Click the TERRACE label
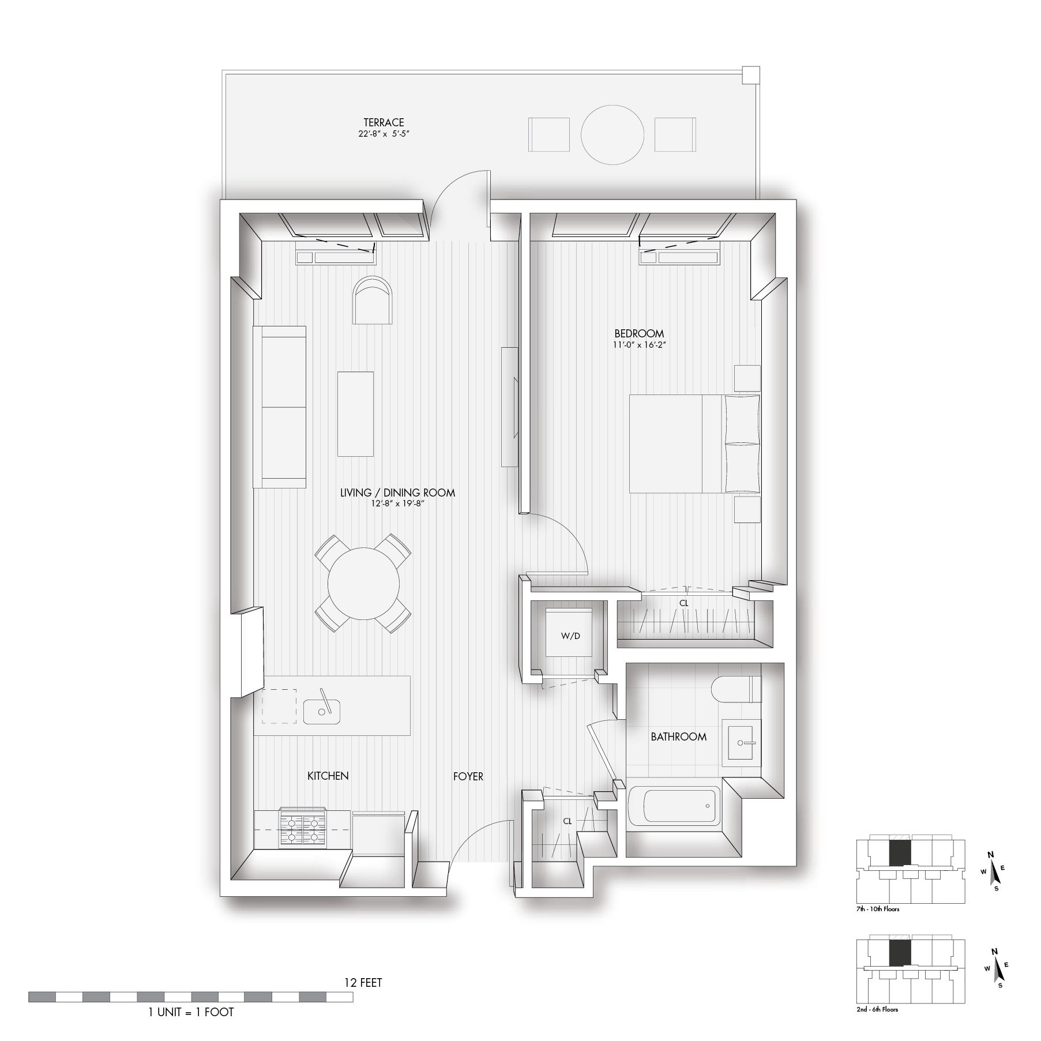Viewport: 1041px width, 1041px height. pyautogui.click(x=384, y=123)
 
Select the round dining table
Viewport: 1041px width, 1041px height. pyautogui.click(x=363, y=583)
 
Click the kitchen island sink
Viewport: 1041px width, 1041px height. pyautogui.click(x=321, y=712)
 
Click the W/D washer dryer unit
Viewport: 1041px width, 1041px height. pyautogui.click(x=570, y=636)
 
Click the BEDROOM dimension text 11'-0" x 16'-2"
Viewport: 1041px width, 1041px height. pyautogui.click(x=639, y=345)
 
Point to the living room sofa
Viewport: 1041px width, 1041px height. pyautogui.click(x=280, y=407)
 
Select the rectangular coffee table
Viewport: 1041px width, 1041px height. pyautogui.click(x=355, y=414)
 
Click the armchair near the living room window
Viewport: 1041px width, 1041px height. pyautogui.click(x=373, y=301)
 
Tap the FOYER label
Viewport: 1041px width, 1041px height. pyautogui.click(x=468, y=776)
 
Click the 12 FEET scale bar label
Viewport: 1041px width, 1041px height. pyautogui.click(x=363, y=982)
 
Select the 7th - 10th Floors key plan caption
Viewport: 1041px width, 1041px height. pyautogui.click(x=878, y=909)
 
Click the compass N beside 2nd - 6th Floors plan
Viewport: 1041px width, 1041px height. pyautogui.click(x=993, y=952)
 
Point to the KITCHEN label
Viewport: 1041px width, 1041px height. pyautogui.click(x=328, y=776)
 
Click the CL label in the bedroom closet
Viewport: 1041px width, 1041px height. pyautogui.click(x=683, y=603)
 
